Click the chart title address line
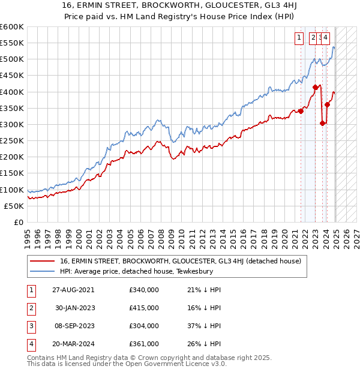pos(180,6)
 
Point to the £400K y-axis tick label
pos(11,92)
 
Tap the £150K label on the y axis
pos(11,173)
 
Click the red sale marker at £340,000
pos(301,111)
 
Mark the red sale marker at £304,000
pos(323,123)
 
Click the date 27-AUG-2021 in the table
pos(73,290)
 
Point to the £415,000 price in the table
pos(144,308)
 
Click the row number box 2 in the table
pos(31,308)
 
